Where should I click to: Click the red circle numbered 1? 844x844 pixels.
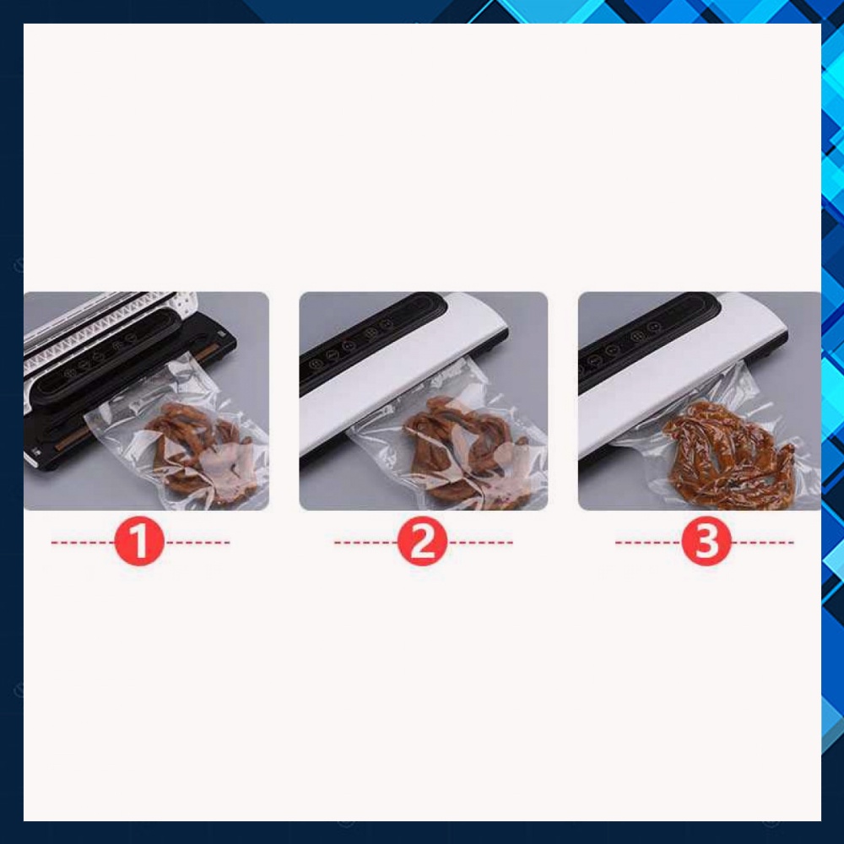(x=138, y=543)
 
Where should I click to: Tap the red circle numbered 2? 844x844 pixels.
(x=421, y=543)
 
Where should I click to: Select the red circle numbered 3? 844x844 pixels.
(x=705, y=543)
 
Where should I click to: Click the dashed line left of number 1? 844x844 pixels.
(x=82, y=543)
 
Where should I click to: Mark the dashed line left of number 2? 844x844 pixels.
(x=365, y=543)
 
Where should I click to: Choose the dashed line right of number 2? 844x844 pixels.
(x=479, y=543)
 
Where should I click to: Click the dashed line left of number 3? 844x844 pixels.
(x=647, y=543)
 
